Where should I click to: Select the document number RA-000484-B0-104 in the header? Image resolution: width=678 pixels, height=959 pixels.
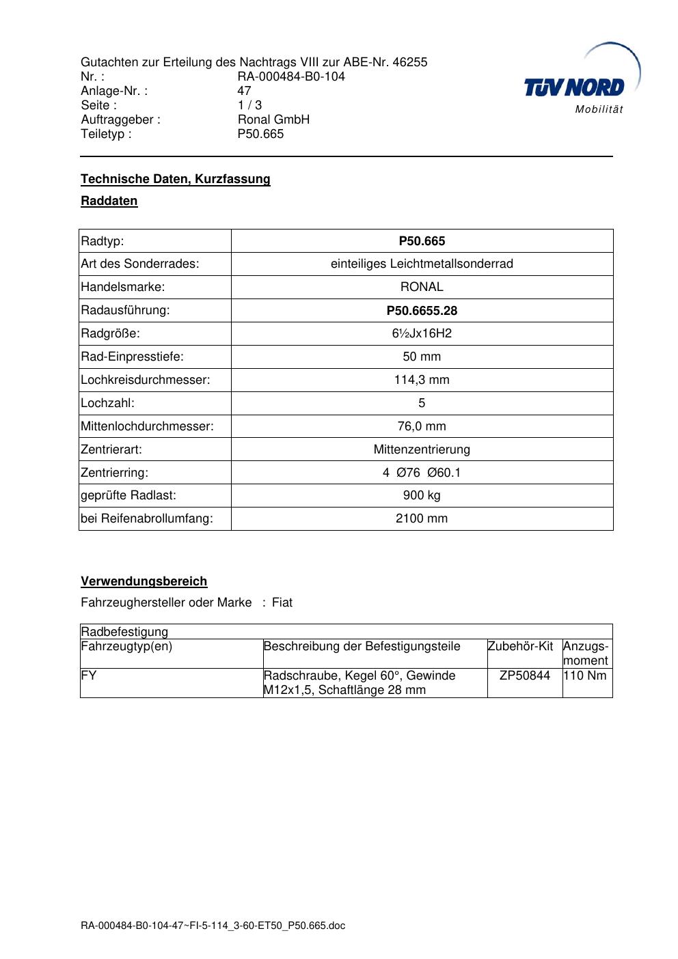(291, 77)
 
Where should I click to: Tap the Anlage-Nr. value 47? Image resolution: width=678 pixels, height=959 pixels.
(244, 91)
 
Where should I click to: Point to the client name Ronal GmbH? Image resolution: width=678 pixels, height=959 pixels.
(273, 120)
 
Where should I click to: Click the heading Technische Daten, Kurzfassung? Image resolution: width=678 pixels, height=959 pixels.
(176, 179)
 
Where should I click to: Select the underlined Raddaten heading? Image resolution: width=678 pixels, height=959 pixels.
(109, 201)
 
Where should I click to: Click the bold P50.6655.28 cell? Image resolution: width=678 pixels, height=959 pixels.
(422, 311)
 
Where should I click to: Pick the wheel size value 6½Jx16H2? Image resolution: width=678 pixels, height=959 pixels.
(422, 333)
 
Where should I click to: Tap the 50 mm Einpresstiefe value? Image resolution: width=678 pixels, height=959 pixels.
(422, 357)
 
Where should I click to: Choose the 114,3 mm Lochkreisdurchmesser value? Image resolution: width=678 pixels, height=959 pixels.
(422, 380)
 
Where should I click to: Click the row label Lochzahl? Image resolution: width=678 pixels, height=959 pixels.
(108, 403)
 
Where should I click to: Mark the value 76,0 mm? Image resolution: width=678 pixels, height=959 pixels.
(422, 426)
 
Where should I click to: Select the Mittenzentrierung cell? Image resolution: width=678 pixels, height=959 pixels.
(422, 449)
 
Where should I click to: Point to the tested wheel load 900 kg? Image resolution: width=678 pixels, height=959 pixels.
(422, 495)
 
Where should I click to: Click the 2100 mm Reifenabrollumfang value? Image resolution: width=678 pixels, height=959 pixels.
(422, 518)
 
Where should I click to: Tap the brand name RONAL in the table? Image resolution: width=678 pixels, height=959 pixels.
(422, 287)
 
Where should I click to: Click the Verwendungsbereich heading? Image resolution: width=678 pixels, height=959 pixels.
(144, 581)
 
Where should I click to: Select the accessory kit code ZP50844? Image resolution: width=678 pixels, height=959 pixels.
(524, 676)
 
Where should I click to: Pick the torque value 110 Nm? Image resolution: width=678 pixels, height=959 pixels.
(585, 676)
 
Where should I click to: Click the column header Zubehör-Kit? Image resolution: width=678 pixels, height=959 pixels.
(520, 646)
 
